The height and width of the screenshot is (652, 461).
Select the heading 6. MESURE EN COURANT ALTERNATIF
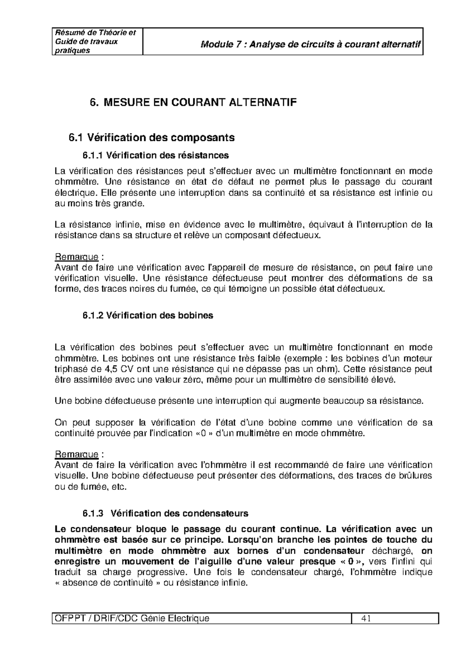[193, 103]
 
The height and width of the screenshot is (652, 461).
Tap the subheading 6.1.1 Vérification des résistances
[156, 155]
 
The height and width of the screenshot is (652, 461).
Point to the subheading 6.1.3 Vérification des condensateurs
[166, 513]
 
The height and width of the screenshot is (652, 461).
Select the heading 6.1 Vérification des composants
[151, 137]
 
